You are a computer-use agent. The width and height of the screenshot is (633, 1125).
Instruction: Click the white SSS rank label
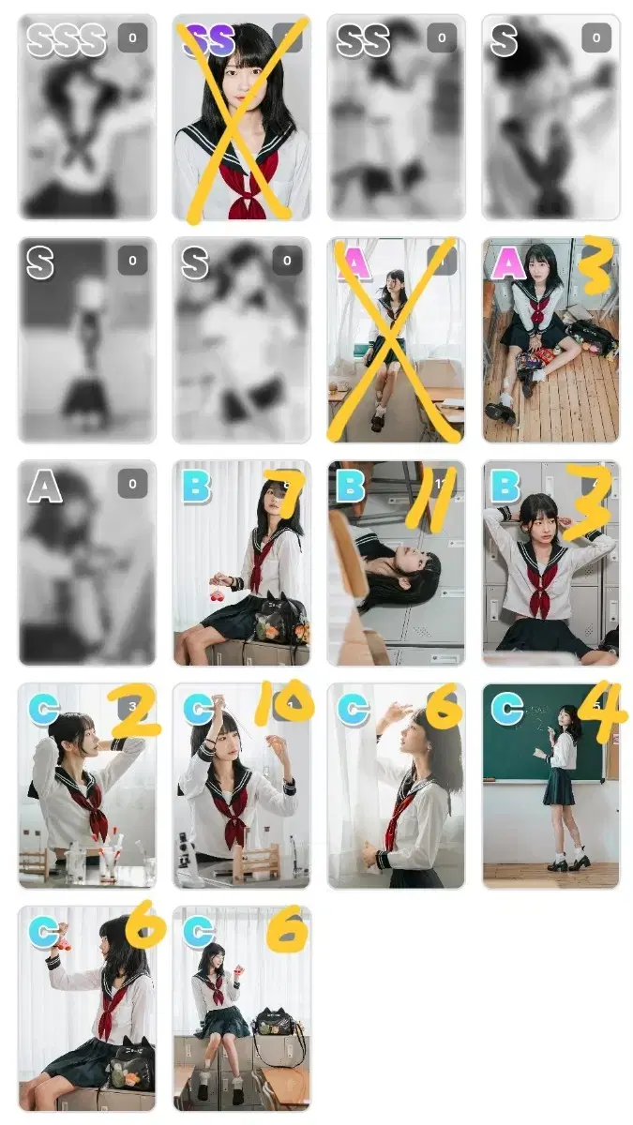(x=66, y=40)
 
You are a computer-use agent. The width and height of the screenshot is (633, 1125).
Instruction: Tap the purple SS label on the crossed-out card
(x=207, y=41)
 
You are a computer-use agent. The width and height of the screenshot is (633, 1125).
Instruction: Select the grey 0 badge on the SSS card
(x=132, y=38)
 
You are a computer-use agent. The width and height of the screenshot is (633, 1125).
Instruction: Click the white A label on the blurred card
(x=44, y=486)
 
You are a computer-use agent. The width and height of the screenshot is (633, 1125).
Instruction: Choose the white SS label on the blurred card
(x=363, y=40)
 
